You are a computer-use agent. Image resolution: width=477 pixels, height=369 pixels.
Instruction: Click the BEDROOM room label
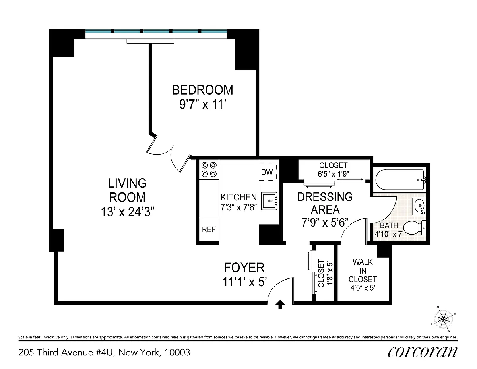click(202, 90)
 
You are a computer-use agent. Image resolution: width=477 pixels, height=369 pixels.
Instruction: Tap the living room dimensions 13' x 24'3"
click(128, 212)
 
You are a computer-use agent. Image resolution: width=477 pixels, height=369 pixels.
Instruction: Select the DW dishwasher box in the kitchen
click(268, 172)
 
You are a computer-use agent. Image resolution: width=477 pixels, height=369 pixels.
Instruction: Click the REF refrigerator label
click(209, 229)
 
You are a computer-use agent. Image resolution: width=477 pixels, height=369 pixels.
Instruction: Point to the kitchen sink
click(269, 201)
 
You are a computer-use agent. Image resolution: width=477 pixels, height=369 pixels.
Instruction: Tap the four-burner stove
click(209, 169)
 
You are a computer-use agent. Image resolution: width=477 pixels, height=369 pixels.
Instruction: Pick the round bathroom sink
click(419, 206)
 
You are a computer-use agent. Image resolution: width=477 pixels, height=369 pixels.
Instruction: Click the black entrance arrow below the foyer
click(280, 304)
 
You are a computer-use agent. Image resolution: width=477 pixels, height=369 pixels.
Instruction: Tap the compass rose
click(443, 319)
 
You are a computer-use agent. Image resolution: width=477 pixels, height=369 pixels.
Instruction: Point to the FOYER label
click(244, 268)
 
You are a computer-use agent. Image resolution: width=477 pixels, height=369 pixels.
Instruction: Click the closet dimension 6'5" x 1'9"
click(333, 174)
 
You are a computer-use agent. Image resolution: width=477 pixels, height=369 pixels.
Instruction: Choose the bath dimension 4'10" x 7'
click(389, 234)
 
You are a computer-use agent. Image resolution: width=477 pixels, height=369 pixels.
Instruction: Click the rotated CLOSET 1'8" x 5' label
click(325, 273)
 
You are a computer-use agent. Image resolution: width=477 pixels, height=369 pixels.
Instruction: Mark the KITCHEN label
click(238, 197)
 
